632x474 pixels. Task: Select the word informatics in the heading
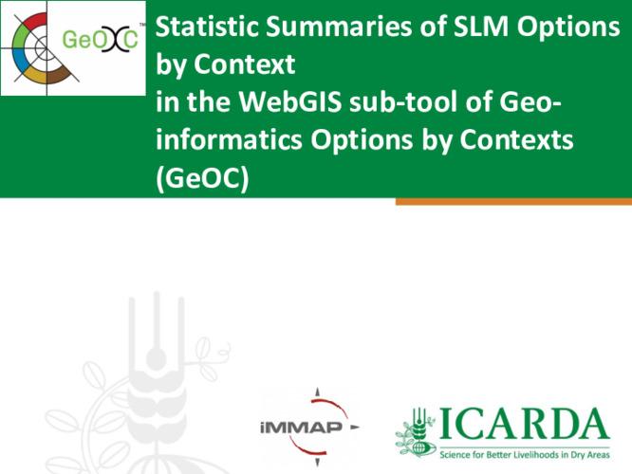pos(221,140)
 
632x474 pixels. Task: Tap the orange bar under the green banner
pos(512,201)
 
